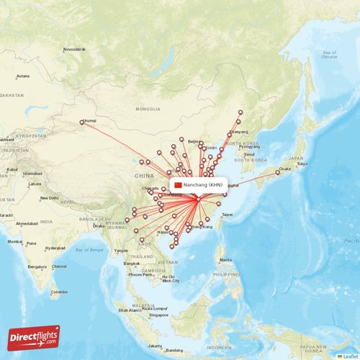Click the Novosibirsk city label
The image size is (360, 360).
pos(74,49)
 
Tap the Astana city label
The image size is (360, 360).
pos(23,76)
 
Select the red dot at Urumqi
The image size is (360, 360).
pos(81,122)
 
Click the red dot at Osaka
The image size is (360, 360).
pos(277,172)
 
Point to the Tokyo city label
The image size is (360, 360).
pos(302,164)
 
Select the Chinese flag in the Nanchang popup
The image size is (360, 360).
pos(178,186)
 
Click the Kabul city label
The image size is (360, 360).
pos(9,170)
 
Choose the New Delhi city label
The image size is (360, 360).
pos(50,197)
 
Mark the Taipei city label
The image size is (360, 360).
pos(228,214)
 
